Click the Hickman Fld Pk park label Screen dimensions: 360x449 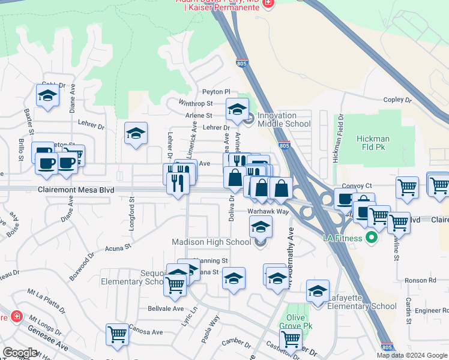click(x=373, y=143)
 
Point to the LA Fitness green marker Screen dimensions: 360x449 click(x=371, y=238)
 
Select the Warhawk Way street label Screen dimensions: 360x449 click(x=268, y=212)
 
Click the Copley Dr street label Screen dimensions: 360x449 click(x=397, y=100)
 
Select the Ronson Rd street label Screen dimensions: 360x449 click(x=424, y=280)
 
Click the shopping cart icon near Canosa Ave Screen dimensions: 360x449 click(x=117, y=334)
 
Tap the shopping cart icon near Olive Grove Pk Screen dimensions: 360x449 click(x=291, y=338)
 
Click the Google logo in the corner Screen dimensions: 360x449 click(x=20, y=353)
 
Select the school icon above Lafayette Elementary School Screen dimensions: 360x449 click(x=318, y=290)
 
